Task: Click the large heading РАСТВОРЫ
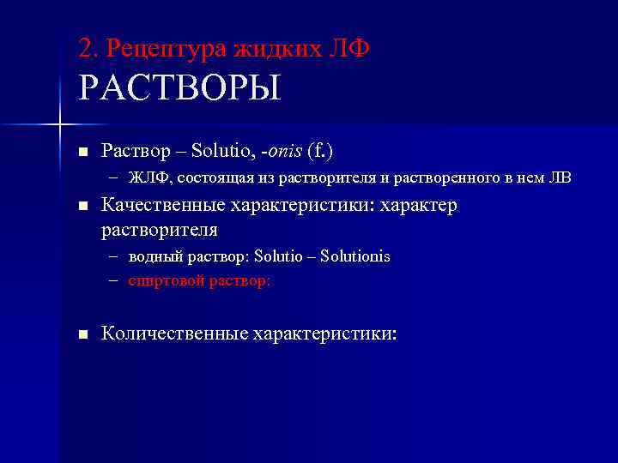click(179, 88)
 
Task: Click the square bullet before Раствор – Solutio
click(82, 153)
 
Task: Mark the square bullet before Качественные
click(82, 207)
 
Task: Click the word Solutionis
click(355, 257)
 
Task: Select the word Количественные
click(173, 334)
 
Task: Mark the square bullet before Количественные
click(82, 334)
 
